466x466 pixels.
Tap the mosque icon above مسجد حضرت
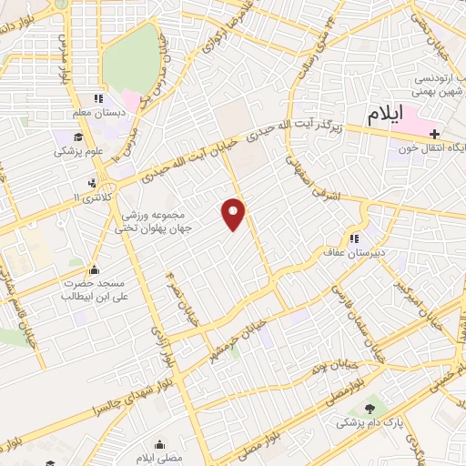click(94, 269)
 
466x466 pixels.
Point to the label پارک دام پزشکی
click(368, 424)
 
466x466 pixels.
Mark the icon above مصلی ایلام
click(162, 445)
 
